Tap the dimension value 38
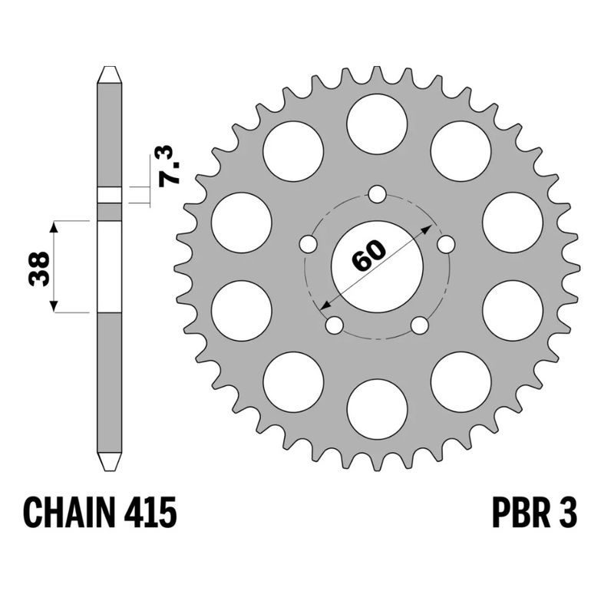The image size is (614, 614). pyautogui.click(x=40, y=268)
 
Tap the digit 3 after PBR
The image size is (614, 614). pyautogui.click(x=569, y=512)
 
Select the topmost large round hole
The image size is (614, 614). pyautogui.click(x=377, y=124)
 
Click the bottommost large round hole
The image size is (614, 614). pyautogui.click(x=377, y=408)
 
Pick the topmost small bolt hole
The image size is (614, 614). pyautogui.click(x=377, y=194)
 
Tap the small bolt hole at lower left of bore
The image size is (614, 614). pyautogui.click(x=334, y=325)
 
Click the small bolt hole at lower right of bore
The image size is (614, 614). pyautogui.click(x=419, y=325)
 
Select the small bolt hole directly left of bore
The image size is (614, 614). pyautogui.click(x=308, y=244)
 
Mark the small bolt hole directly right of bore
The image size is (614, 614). pyautogui.click(x=446, y=244)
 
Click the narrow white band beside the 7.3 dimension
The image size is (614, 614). pyautogui.click(x=109, y=195)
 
